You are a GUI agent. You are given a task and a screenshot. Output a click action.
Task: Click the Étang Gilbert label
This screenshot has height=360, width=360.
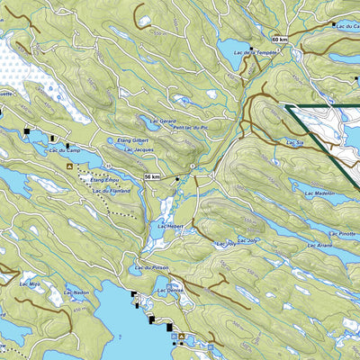tap(133, 140)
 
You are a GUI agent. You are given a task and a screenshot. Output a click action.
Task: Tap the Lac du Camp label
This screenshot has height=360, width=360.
tap(55, 150)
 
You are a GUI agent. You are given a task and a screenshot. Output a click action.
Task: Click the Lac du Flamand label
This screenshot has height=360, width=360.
tap(111, 190)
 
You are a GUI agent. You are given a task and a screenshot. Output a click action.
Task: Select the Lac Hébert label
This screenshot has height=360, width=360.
tap(169, 226)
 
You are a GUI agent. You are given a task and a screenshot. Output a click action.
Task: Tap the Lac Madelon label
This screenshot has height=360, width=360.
tap(319, 193)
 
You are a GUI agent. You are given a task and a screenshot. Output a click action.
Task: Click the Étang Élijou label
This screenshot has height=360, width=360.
tap(106, 181)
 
